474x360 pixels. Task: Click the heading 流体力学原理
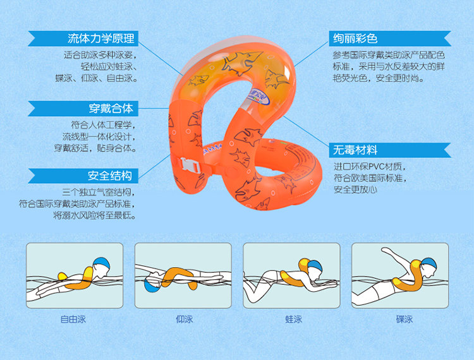(x=101, y=39)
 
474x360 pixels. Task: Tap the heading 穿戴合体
(x=111, y=109)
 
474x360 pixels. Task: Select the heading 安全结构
(x=110, y=176)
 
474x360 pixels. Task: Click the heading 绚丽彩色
(x=355, y=39)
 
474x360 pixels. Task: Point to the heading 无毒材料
(x=355, y=150)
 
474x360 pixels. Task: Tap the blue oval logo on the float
(x=258, y=97)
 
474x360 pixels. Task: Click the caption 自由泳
(x=73, y=319)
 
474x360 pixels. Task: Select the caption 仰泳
(x=185, y=319)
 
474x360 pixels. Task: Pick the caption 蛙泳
(x=293, y=319)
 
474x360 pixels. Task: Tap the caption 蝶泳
(x=404, y=319)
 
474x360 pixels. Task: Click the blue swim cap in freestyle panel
(x=102, y=264)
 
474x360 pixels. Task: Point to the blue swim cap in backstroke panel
(x=152, y=285)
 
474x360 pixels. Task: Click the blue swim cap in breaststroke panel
(x=315, y=265)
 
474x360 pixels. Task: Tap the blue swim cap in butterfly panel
(x=429, y=263)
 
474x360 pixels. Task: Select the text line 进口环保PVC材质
(x=370, y=166)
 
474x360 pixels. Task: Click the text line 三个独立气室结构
(x=98, y=193)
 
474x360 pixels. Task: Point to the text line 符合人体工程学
(x=103, y=124)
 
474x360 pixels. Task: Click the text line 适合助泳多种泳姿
(x=100, y=55)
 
